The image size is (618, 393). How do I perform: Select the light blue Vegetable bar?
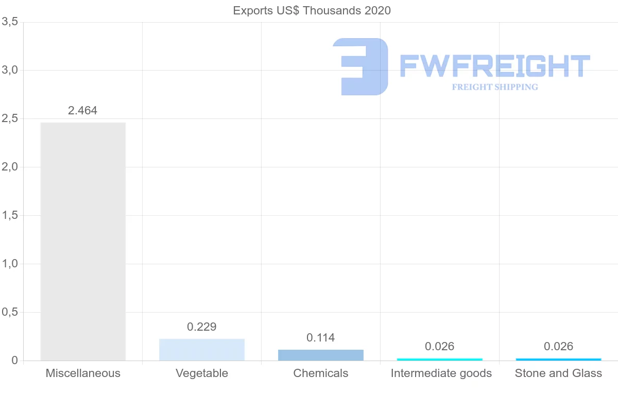pos(202,350)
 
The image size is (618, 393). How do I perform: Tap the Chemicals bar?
pos(321,355)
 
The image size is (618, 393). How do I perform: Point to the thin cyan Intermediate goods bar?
pos(440,359)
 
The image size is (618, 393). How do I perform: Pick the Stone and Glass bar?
pos(558,359)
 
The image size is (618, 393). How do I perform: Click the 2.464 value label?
pos(82,110)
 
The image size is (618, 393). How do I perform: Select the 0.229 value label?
pos(202,327)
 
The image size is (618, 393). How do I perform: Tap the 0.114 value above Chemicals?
pos(320,338)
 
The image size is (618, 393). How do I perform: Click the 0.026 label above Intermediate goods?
pos(440,346)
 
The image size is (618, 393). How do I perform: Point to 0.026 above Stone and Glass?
pos(558,346)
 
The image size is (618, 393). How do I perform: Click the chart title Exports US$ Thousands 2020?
pos(312,10)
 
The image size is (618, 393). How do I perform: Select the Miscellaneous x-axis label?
pos(83,373)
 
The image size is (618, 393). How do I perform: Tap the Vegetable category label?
pos(202,373)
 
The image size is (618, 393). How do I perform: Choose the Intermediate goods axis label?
pos(441,373)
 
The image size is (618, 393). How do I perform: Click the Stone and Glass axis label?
pos(558,373)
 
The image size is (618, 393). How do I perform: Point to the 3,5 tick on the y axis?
pos(10,22)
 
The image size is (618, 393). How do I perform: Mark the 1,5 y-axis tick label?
pos(10,215)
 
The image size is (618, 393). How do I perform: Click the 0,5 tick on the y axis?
pos(10,312)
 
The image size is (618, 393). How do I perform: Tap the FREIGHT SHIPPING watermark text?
pos(495,87)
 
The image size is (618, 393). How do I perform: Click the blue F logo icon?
pos(360,66)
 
